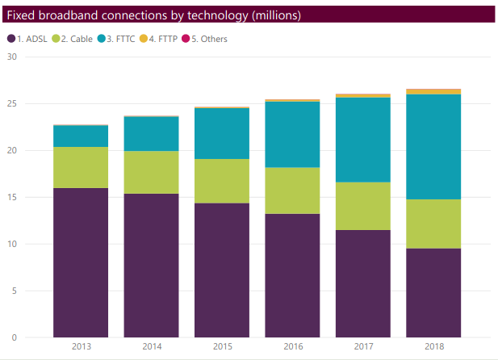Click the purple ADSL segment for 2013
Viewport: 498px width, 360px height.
81,262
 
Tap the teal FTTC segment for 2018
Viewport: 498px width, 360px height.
433,147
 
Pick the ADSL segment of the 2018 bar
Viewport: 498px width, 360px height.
433,292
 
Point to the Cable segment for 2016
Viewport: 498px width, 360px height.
292,190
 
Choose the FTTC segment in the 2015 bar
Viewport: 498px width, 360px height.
221,133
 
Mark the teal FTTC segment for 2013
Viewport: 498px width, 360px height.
81,136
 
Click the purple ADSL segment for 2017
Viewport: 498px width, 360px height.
362,283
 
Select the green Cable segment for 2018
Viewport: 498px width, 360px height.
433,224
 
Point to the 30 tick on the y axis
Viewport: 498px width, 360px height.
11,57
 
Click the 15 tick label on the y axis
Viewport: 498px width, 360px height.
11,197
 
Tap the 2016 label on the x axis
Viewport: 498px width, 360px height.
292,346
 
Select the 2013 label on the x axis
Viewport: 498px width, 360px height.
81,346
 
